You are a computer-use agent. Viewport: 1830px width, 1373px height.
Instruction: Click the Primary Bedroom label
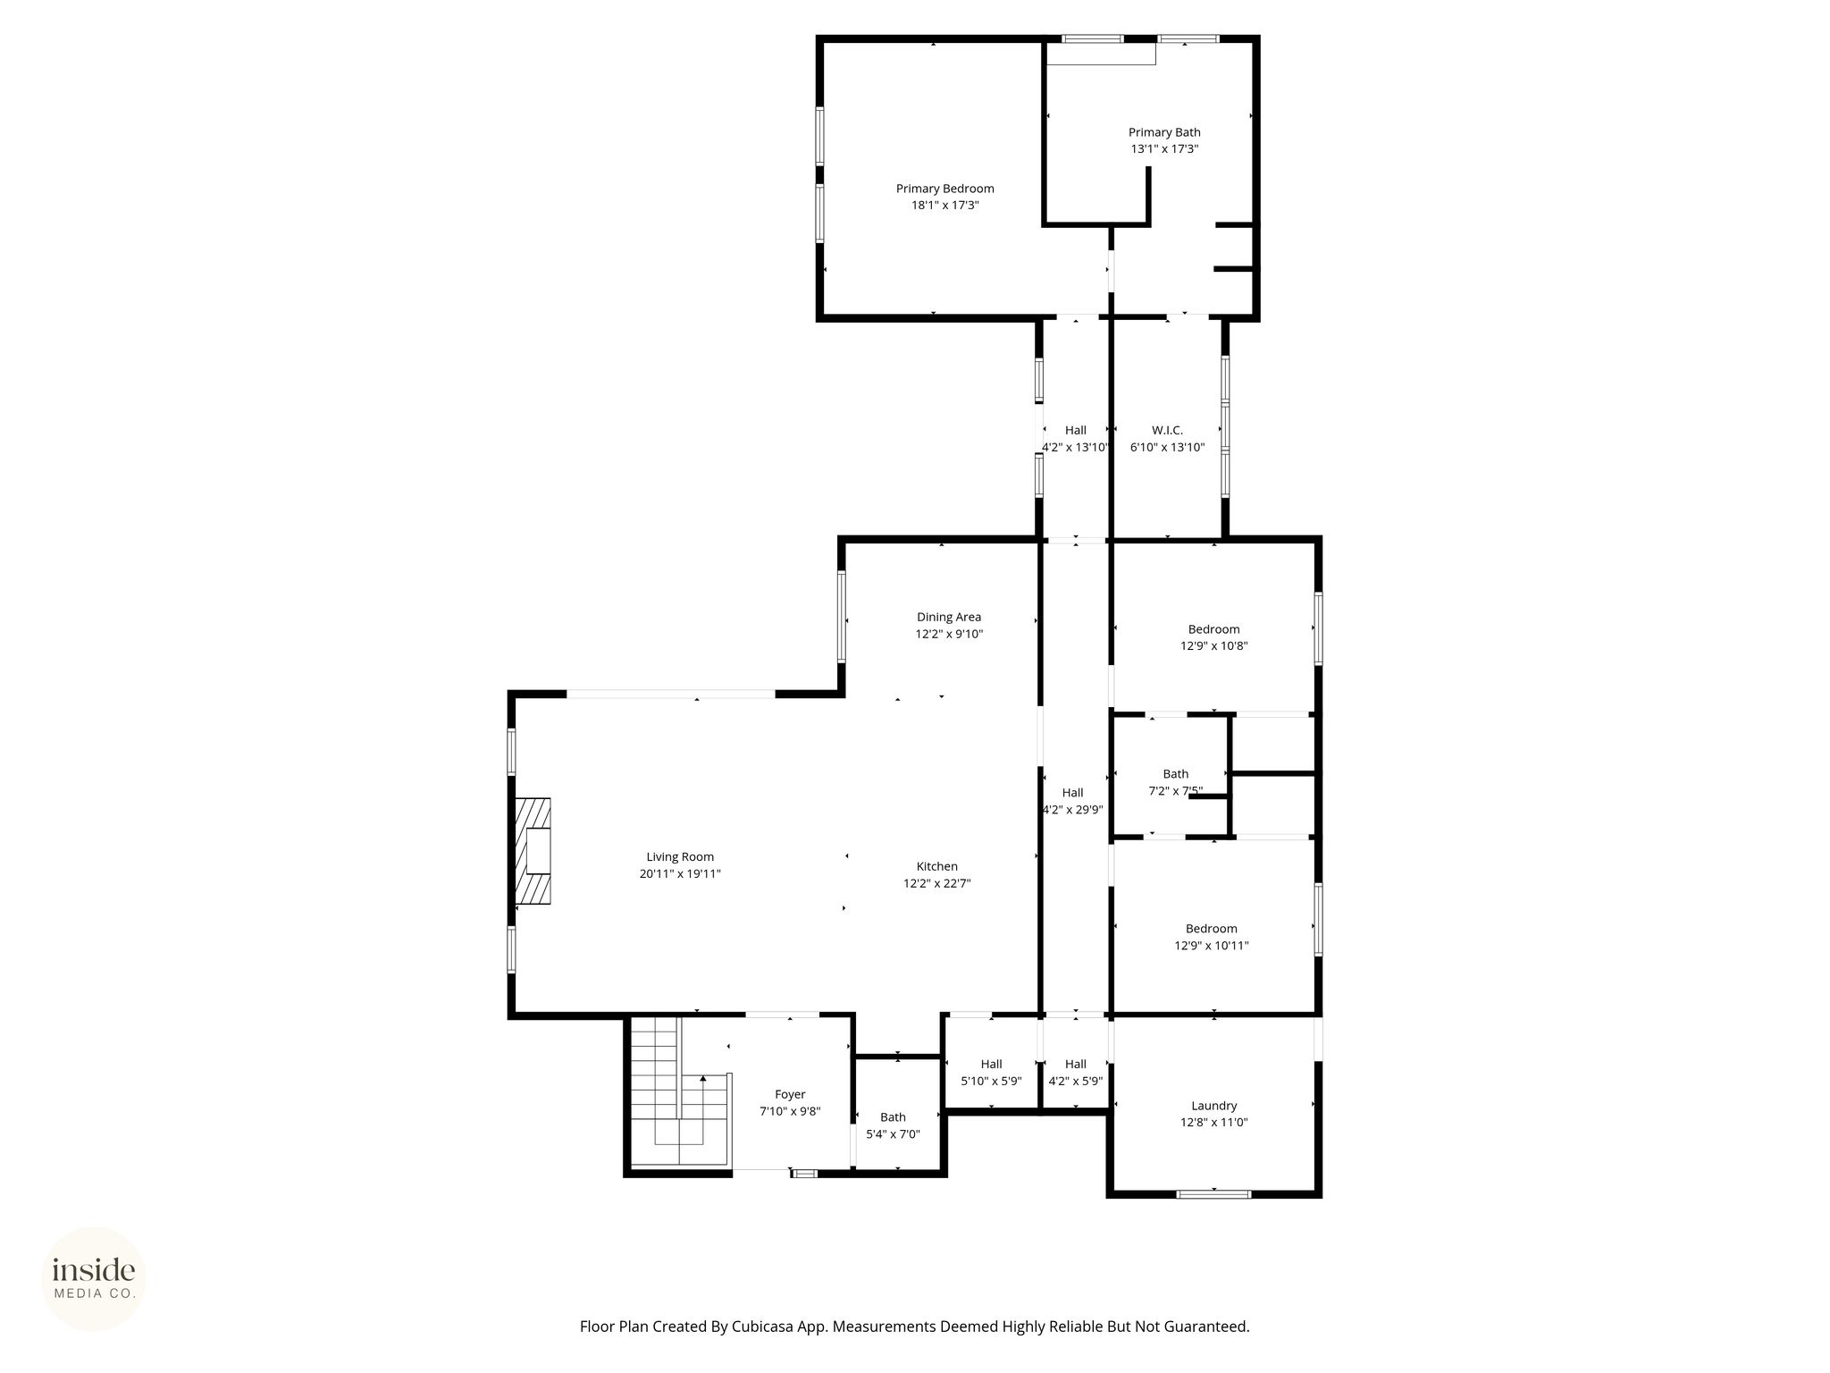click(x=944, y=189)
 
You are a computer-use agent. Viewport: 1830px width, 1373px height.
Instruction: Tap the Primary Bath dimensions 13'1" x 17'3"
click(x=1164, y=149)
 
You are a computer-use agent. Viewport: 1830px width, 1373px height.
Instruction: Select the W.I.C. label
click(x=1167, y=431)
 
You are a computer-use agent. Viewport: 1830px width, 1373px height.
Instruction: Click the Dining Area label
click(x=948, y=617)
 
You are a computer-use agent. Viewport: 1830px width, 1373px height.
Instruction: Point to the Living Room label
click(x=680, y=857)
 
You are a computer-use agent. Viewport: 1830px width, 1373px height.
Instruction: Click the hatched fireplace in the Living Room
click(x=533, y=850)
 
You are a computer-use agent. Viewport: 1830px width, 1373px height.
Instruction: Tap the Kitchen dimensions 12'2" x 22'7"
click(x=936, y=883)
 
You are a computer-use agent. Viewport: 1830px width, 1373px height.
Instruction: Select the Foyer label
click(x=790, y=1095)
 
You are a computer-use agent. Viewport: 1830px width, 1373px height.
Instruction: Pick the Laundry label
click(x=1213, y=1106)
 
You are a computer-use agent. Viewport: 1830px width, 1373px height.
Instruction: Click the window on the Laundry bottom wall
click(x=1213, y=1193)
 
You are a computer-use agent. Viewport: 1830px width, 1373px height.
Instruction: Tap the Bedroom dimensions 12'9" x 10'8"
click(x=1213, y=645)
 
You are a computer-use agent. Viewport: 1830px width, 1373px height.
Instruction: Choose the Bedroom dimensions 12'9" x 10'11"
click(x=1211, y=945)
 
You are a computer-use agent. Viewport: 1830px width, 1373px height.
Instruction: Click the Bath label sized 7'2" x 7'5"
click(x=1175, y=774)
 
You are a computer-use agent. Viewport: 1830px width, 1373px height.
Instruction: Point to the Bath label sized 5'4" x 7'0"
click(x=893, y=1117)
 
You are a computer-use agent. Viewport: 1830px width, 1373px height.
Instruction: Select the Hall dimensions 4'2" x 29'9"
click(x=1072, y=810)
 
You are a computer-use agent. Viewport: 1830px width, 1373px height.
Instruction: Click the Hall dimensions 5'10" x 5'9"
click(x=991, y=1081)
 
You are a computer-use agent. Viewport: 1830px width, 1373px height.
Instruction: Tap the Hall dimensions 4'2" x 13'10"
click(x=1075, y=447)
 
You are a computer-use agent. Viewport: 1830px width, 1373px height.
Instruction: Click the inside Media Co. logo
click(x=94, y=1278)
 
